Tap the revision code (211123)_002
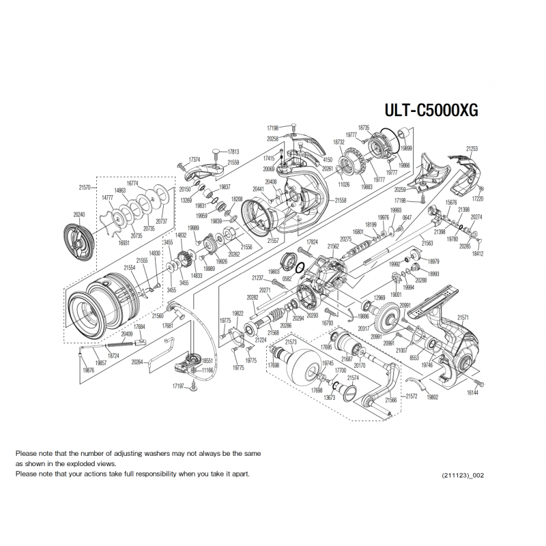(x=464, y=474)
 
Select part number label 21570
(x=85, y=186)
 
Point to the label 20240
(x=79, y=214)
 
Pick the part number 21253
(x=472, y=148)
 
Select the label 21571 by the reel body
(x=463, y=317)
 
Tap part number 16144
(x=472, y=393)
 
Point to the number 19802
(x=431, y=397)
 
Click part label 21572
(x=412, y=395)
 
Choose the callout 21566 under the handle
(x=391, y=400)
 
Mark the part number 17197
(x=179, y=387)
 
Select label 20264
(x=137, y=362)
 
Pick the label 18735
(x=363, y=128)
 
